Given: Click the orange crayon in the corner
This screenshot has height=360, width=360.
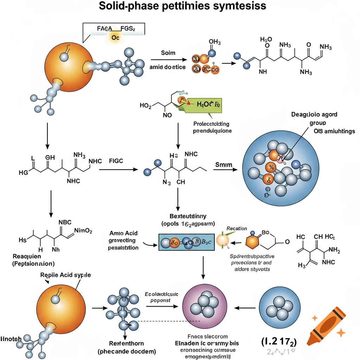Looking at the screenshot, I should [325, 325].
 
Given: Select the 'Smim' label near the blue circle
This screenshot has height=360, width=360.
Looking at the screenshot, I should [222, 165].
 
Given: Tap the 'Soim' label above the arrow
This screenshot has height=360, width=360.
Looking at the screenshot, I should [168, 53].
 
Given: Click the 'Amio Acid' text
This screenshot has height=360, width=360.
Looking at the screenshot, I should [123, 233].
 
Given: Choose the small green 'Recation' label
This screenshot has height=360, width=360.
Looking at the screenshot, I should [236, 229].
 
